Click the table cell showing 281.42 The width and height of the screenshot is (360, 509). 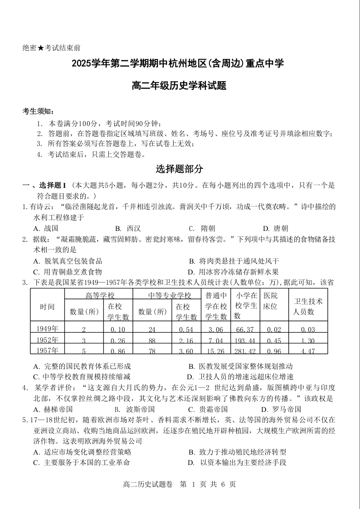click(x=246, y=350)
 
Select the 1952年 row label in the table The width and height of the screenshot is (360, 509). click(x=47, y=340)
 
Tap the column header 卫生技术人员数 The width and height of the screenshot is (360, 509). click(x=308, y=306)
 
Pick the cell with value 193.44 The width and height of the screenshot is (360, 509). click(x=246, y=340)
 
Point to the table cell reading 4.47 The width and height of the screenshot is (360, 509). click(x=308, y=350)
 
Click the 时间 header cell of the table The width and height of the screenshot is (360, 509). click(x=47, y=306)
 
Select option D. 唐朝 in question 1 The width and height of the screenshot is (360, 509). click(x=275, y=228)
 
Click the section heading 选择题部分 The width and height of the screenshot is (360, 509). click(x=180, y=169)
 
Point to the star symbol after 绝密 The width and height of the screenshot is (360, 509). click(x=40, y=48)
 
